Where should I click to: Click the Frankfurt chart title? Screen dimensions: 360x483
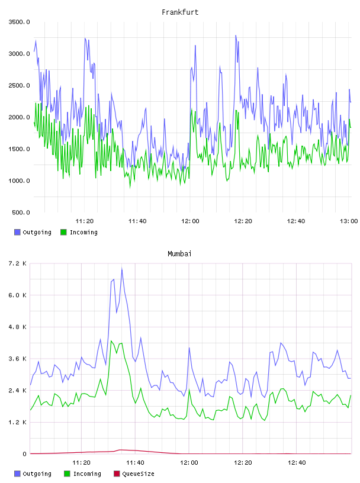pos(180,12)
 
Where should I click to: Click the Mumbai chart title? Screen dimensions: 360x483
pos(179,254)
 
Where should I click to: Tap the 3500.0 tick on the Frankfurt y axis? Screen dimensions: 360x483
pos(19,22)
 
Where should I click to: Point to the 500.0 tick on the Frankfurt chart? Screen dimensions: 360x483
pos(21,212)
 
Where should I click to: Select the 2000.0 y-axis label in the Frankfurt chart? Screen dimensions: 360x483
pos(19,117)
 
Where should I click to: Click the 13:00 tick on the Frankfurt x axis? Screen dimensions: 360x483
pos(349,221)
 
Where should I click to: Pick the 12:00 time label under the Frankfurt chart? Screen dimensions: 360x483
pos(190,221)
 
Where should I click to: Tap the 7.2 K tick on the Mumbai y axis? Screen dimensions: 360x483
pos(17,263)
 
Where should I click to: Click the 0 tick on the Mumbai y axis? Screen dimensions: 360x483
pos(24,454)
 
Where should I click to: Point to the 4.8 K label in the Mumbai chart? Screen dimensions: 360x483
pos(17,327)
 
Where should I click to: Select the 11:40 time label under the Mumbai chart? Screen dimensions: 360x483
pos(135,462)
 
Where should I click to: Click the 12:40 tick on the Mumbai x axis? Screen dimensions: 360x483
pos(297,462)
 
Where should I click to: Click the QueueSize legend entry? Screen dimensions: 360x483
pos(138,474)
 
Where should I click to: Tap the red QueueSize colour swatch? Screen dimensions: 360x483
pos(117,474)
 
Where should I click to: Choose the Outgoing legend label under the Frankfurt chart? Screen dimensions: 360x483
pos(37,232)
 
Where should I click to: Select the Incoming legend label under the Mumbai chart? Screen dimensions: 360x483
pos(87,474)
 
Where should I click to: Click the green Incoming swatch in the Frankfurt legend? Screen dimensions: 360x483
pos(63,232)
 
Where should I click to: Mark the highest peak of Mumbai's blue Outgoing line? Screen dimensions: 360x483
pos(122,269)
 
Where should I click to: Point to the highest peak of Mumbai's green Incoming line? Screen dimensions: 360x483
pos(111,341)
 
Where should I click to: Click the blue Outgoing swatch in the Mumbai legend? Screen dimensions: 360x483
pos(17,474)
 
